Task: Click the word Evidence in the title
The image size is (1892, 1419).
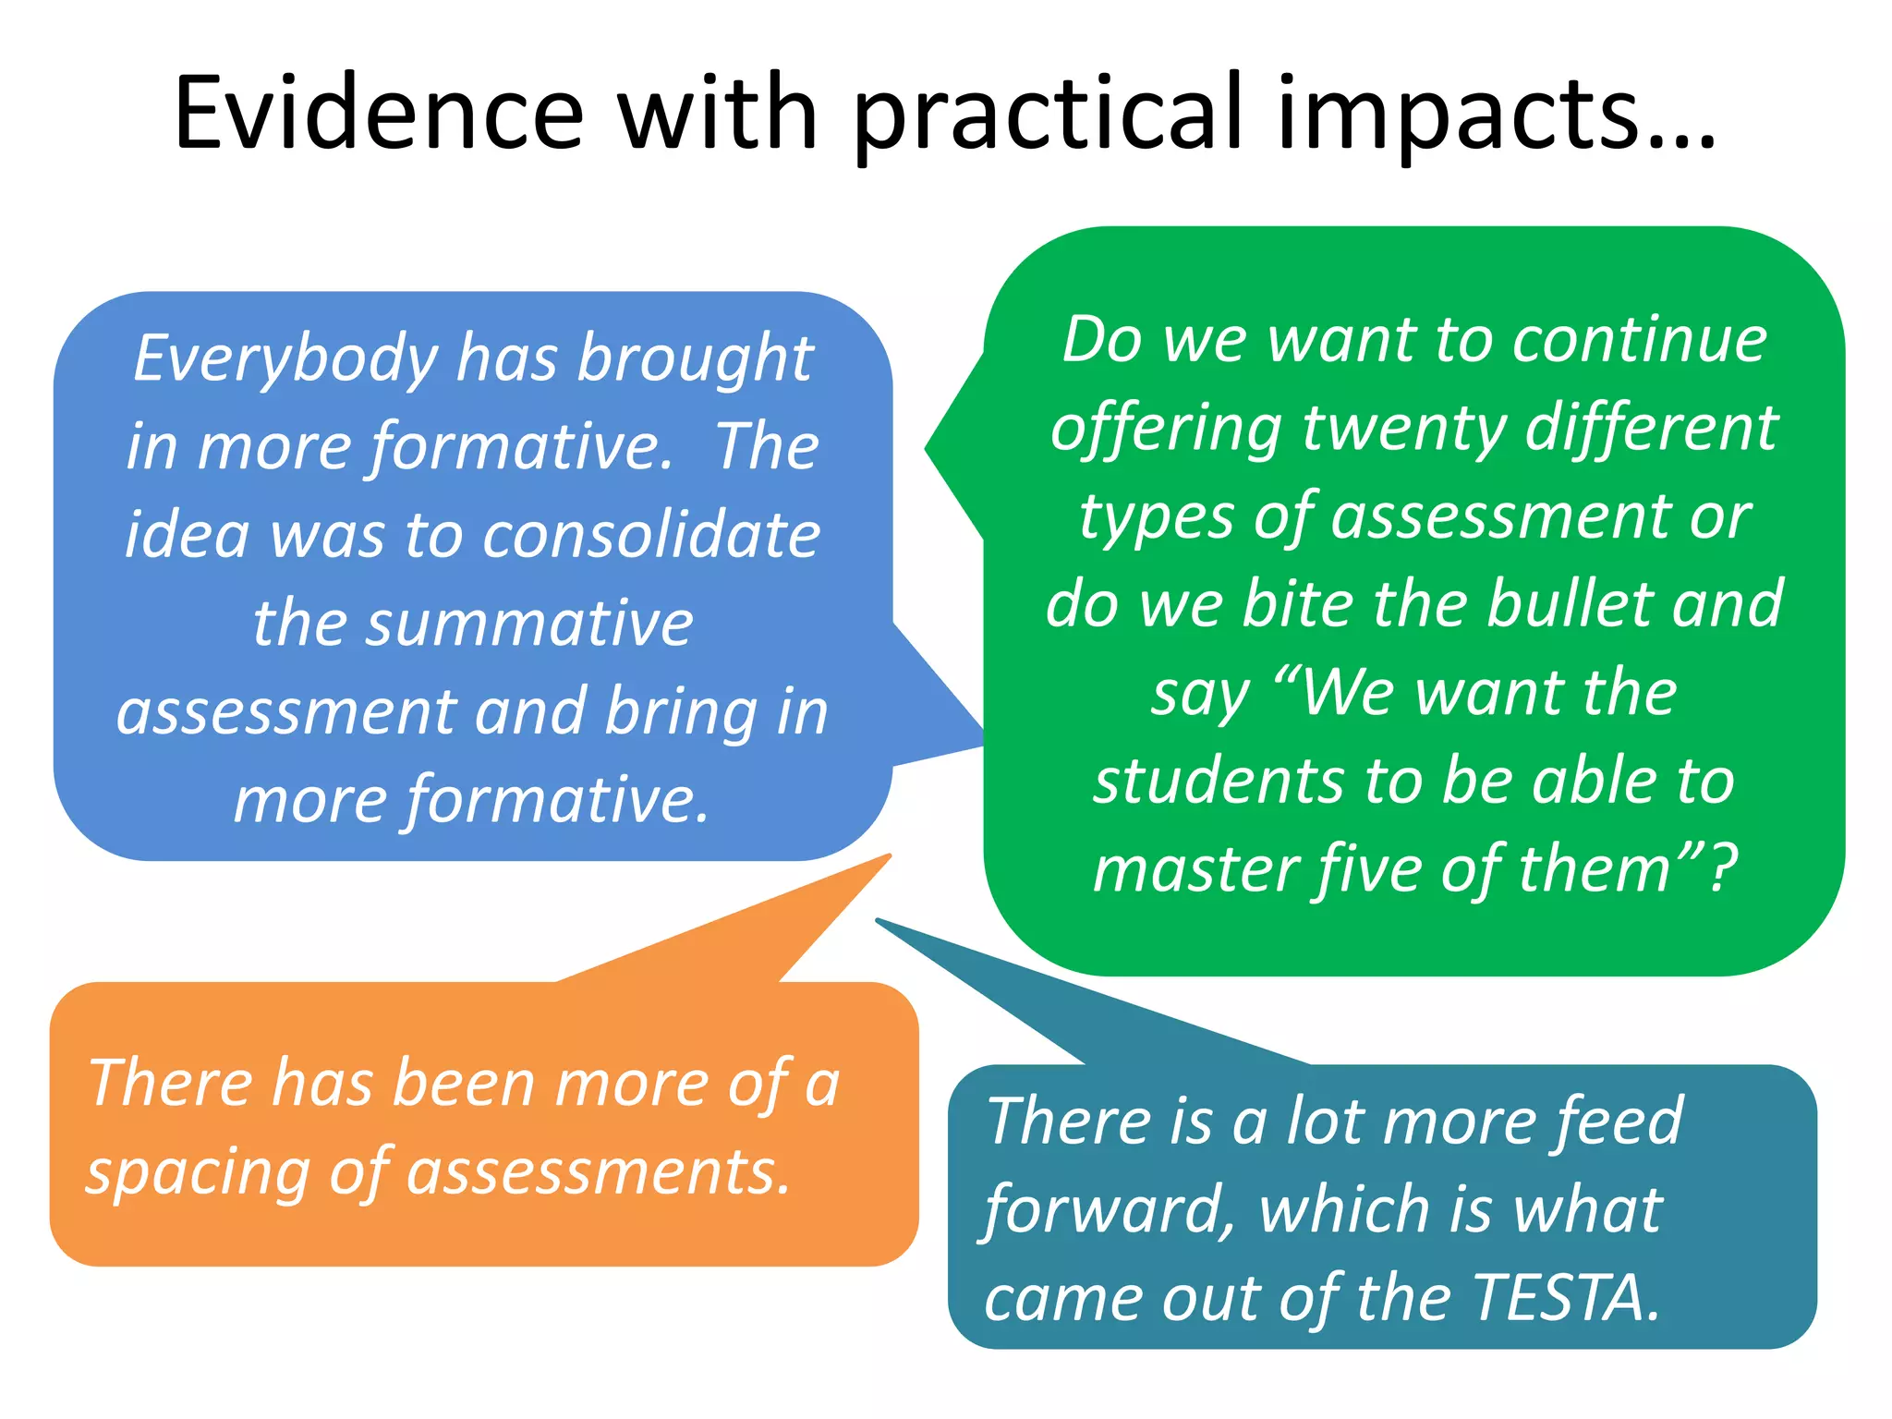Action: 379,113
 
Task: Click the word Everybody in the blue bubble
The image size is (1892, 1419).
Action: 285,360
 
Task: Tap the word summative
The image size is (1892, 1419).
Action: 473,624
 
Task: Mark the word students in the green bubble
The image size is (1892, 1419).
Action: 1219,781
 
